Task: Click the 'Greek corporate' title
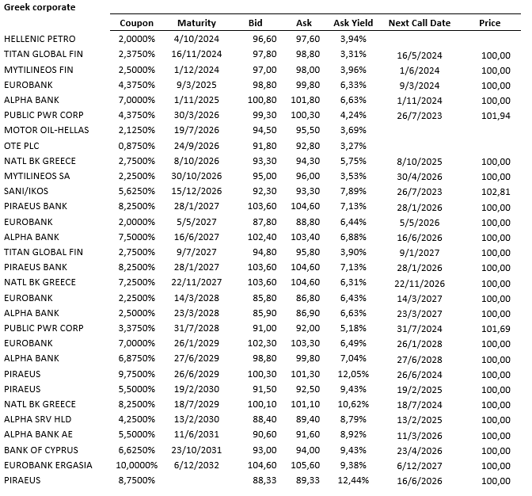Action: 40,7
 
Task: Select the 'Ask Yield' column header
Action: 353,23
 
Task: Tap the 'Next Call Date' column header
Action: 420,23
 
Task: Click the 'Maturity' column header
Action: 196,23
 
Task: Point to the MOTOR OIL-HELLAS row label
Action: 47,130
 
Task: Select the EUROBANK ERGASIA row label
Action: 48,464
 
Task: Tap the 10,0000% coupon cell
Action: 138,465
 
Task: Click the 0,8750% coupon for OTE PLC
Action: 137,146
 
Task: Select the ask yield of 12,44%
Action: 352,481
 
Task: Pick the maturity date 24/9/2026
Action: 196,146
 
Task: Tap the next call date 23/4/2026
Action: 419,450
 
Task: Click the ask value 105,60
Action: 303,465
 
